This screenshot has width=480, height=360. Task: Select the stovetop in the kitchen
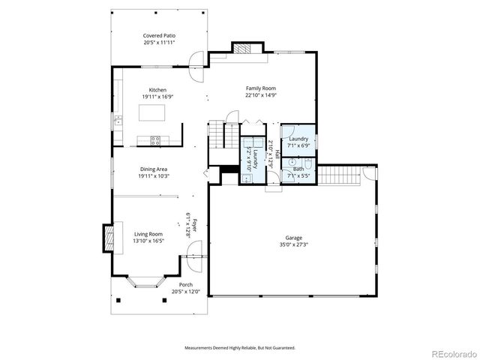tap(156, 139)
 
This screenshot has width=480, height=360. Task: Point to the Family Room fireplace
tap(244, 49)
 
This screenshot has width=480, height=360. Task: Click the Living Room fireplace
tap(109, 238)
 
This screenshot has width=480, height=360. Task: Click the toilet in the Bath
tap(308, 163)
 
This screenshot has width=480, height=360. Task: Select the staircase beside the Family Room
tap(216, 135)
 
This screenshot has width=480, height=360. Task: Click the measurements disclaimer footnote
tap(240, 348)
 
